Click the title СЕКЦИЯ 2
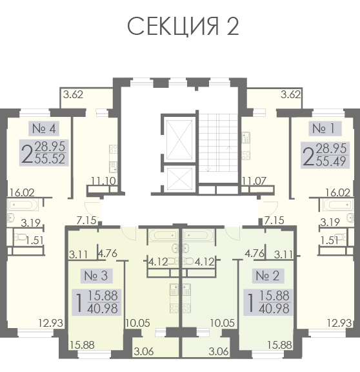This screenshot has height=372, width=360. point(183,26)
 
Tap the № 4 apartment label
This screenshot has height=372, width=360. point(44,129)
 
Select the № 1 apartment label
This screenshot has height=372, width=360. point(325,129)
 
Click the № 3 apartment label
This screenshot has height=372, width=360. point(96,276)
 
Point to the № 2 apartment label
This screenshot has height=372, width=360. point(268,276)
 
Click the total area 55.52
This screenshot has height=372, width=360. point(50,159)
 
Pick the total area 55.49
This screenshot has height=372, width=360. point(331,161)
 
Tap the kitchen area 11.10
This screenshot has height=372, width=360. point(104,181)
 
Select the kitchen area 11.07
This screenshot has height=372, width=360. point(254,181)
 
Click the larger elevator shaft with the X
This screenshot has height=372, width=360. point(179,140)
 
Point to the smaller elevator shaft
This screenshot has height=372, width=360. point(179,179)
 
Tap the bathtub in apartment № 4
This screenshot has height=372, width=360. point(23,205)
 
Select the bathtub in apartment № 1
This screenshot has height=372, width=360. point(337,205)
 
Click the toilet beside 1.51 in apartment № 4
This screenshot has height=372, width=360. point(19,237)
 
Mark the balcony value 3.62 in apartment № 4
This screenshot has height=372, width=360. point(74,95)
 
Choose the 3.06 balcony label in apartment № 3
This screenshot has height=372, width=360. point(144,351)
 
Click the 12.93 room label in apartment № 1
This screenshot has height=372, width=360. point(339,323)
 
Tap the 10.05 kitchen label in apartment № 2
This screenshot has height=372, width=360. point(223,323)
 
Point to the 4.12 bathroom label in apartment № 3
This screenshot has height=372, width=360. point(158,262)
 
